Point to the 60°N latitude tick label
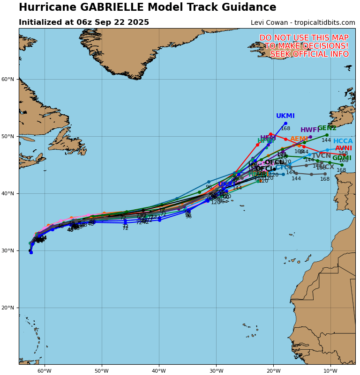[x=8, y=79]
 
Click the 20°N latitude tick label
[x=8, y=308]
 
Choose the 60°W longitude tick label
[x=44, y=371]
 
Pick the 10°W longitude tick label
[x=330, y=371]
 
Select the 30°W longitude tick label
[x=216, y=371]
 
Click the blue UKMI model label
[x=285, y=116]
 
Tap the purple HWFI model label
[x=310, y=130]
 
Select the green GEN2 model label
[x=327, y=128]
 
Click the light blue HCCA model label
[x=343, y=141]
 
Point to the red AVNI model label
[x=343, y=148]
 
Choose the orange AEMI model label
[x=299, y=139]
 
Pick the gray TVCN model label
[x=321, y=156]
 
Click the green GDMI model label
[x=342, y=158]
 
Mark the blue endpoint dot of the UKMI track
[x=285, y=123]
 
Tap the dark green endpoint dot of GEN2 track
[x=327, y=135]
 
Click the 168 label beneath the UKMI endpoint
[x=285, y=129]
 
